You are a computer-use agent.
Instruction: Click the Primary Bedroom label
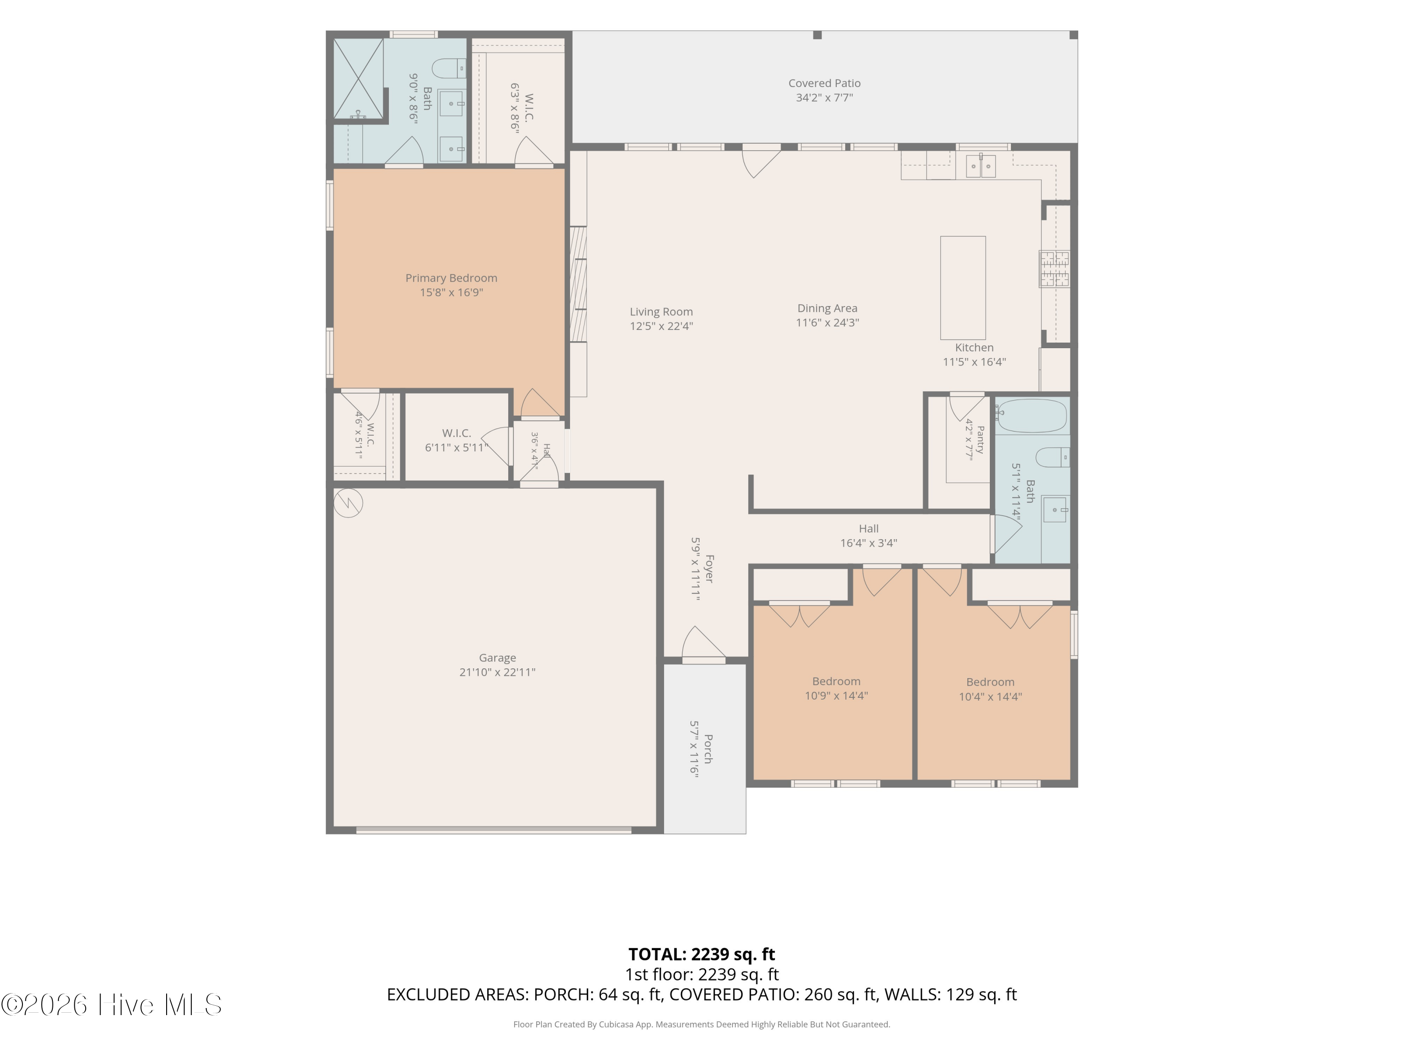coord(451,278)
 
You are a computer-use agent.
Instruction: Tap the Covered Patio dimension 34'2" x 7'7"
coord(825,98)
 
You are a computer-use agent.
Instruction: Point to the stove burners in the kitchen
coord(1053,269)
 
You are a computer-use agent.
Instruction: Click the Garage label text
coord(497,658)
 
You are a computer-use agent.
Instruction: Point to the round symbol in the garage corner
coord(348,503)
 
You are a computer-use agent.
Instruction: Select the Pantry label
coord(980,440)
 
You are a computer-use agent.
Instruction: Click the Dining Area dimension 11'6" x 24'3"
coord(828,322)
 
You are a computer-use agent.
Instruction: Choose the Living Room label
coord(661,312)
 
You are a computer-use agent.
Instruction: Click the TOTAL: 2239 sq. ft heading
coord(702,955)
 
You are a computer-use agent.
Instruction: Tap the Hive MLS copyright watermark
coord(112,1005)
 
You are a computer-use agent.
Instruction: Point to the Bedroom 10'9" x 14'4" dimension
coord(837,695)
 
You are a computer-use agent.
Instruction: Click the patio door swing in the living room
coord(760,161)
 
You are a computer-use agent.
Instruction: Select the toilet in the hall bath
coord(1053,457)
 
